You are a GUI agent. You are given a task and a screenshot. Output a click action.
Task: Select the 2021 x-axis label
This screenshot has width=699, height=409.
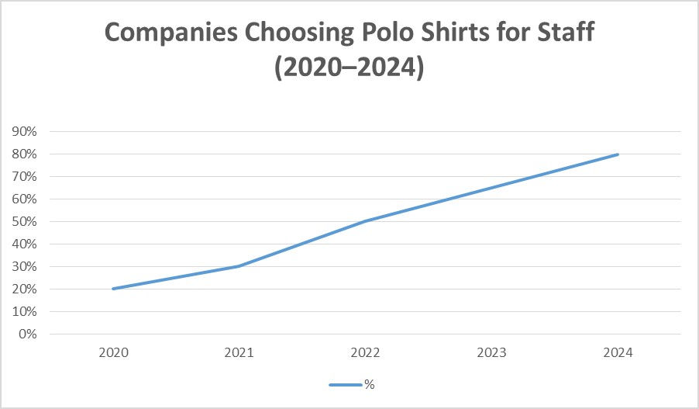click(239, 353)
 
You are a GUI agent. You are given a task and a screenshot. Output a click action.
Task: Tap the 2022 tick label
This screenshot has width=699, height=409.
click(365, 353)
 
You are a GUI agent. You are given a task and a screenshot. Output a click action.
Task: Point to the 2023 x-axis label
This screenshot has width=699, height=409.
click(491, 353)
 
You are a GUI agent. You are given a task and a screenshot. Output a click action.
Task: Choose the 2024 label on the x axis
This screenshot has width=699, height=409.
click(618, 353)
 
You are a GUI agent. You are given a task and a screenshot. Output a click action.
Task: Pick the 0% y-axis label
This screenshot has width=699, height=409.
click(28, 334)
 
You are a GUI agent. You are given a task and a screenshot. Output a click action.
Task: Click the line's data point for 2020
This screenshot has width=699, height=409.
click(113, 289)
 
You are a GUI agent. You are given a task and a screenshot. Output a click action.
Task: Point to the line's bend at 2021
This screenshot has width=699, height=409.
click(239, 266)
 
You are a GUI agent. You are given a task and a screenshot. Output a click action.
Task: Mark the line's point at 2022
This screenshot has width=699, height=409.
click(365, 221)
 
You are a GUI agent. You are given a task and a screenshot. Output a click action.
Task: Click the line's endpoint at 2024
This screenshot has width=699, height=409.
click(618, 154)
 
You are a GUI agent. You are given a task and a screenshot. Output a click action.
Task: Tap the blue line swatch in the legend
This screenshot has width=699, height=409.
click(345, 384)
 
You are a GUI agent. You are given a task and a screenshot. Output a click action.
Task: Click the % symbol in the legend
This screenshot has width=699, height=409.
click(370, 384)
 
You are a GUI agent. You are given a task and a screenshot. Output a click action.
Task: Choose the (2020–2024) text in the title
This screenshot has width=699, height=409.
click(349, 68)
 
